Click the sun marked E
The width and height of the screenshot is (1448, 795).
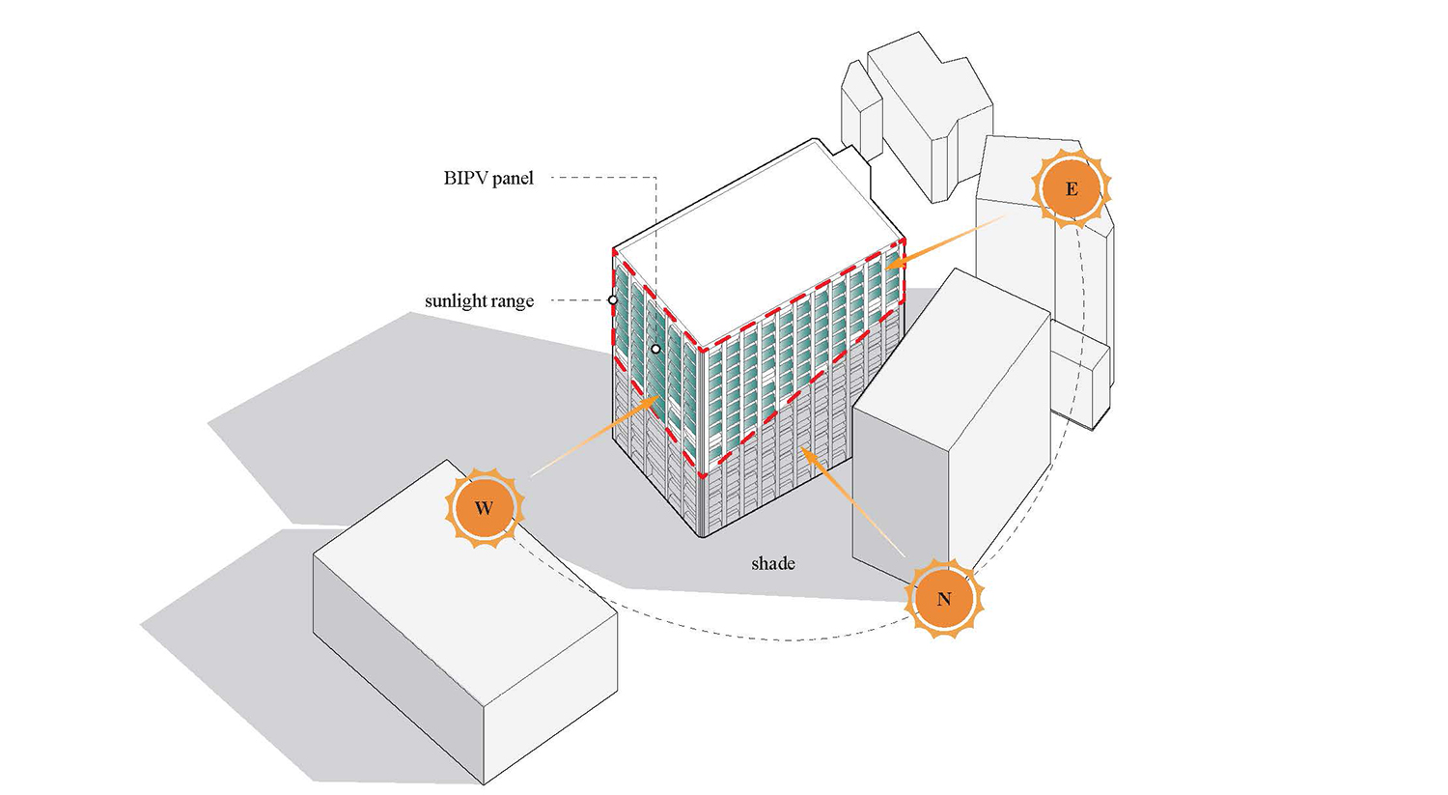[1072, 188]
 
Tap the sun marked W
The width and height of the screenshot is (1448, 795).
[485, 508]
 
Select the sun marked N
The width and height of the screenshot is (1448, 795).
[944, 599]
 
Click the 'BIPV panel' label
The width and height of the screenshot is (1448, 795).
[488, 178]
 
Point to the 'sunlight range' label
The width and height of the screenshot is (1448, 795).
[479, 300]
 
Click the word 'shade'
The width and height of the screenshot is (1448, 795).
[773, 563]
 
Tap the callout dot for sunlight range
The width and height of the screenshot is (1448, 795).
[613, 300]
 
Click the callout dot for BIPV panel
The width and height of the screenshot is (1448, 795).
[656, 349]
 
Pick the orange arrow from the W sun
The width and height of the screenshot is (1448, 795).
[595, 437]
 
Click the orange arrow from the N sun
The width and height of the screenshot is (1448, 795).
[852, 501]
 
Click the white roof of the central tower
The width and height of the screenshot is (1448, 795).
[756, 245]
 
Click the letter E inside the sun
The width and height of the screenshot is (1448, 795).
[1072, 189]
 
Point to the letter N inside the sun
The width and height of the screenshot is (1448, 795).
[944, 600]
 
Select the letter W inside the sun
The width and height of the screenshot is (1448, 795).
[485, 508]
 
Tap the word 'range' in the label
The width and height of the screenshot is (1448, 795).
[513, 302]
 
